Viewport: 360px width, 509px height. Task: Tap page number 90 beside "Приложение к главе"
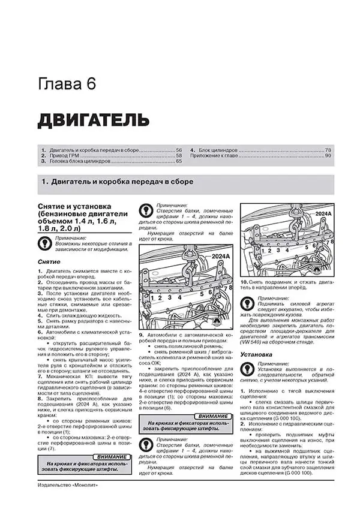tap(328, 155)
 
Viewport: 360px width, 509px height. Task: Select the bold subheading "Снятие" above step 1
tap(49, 262)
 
